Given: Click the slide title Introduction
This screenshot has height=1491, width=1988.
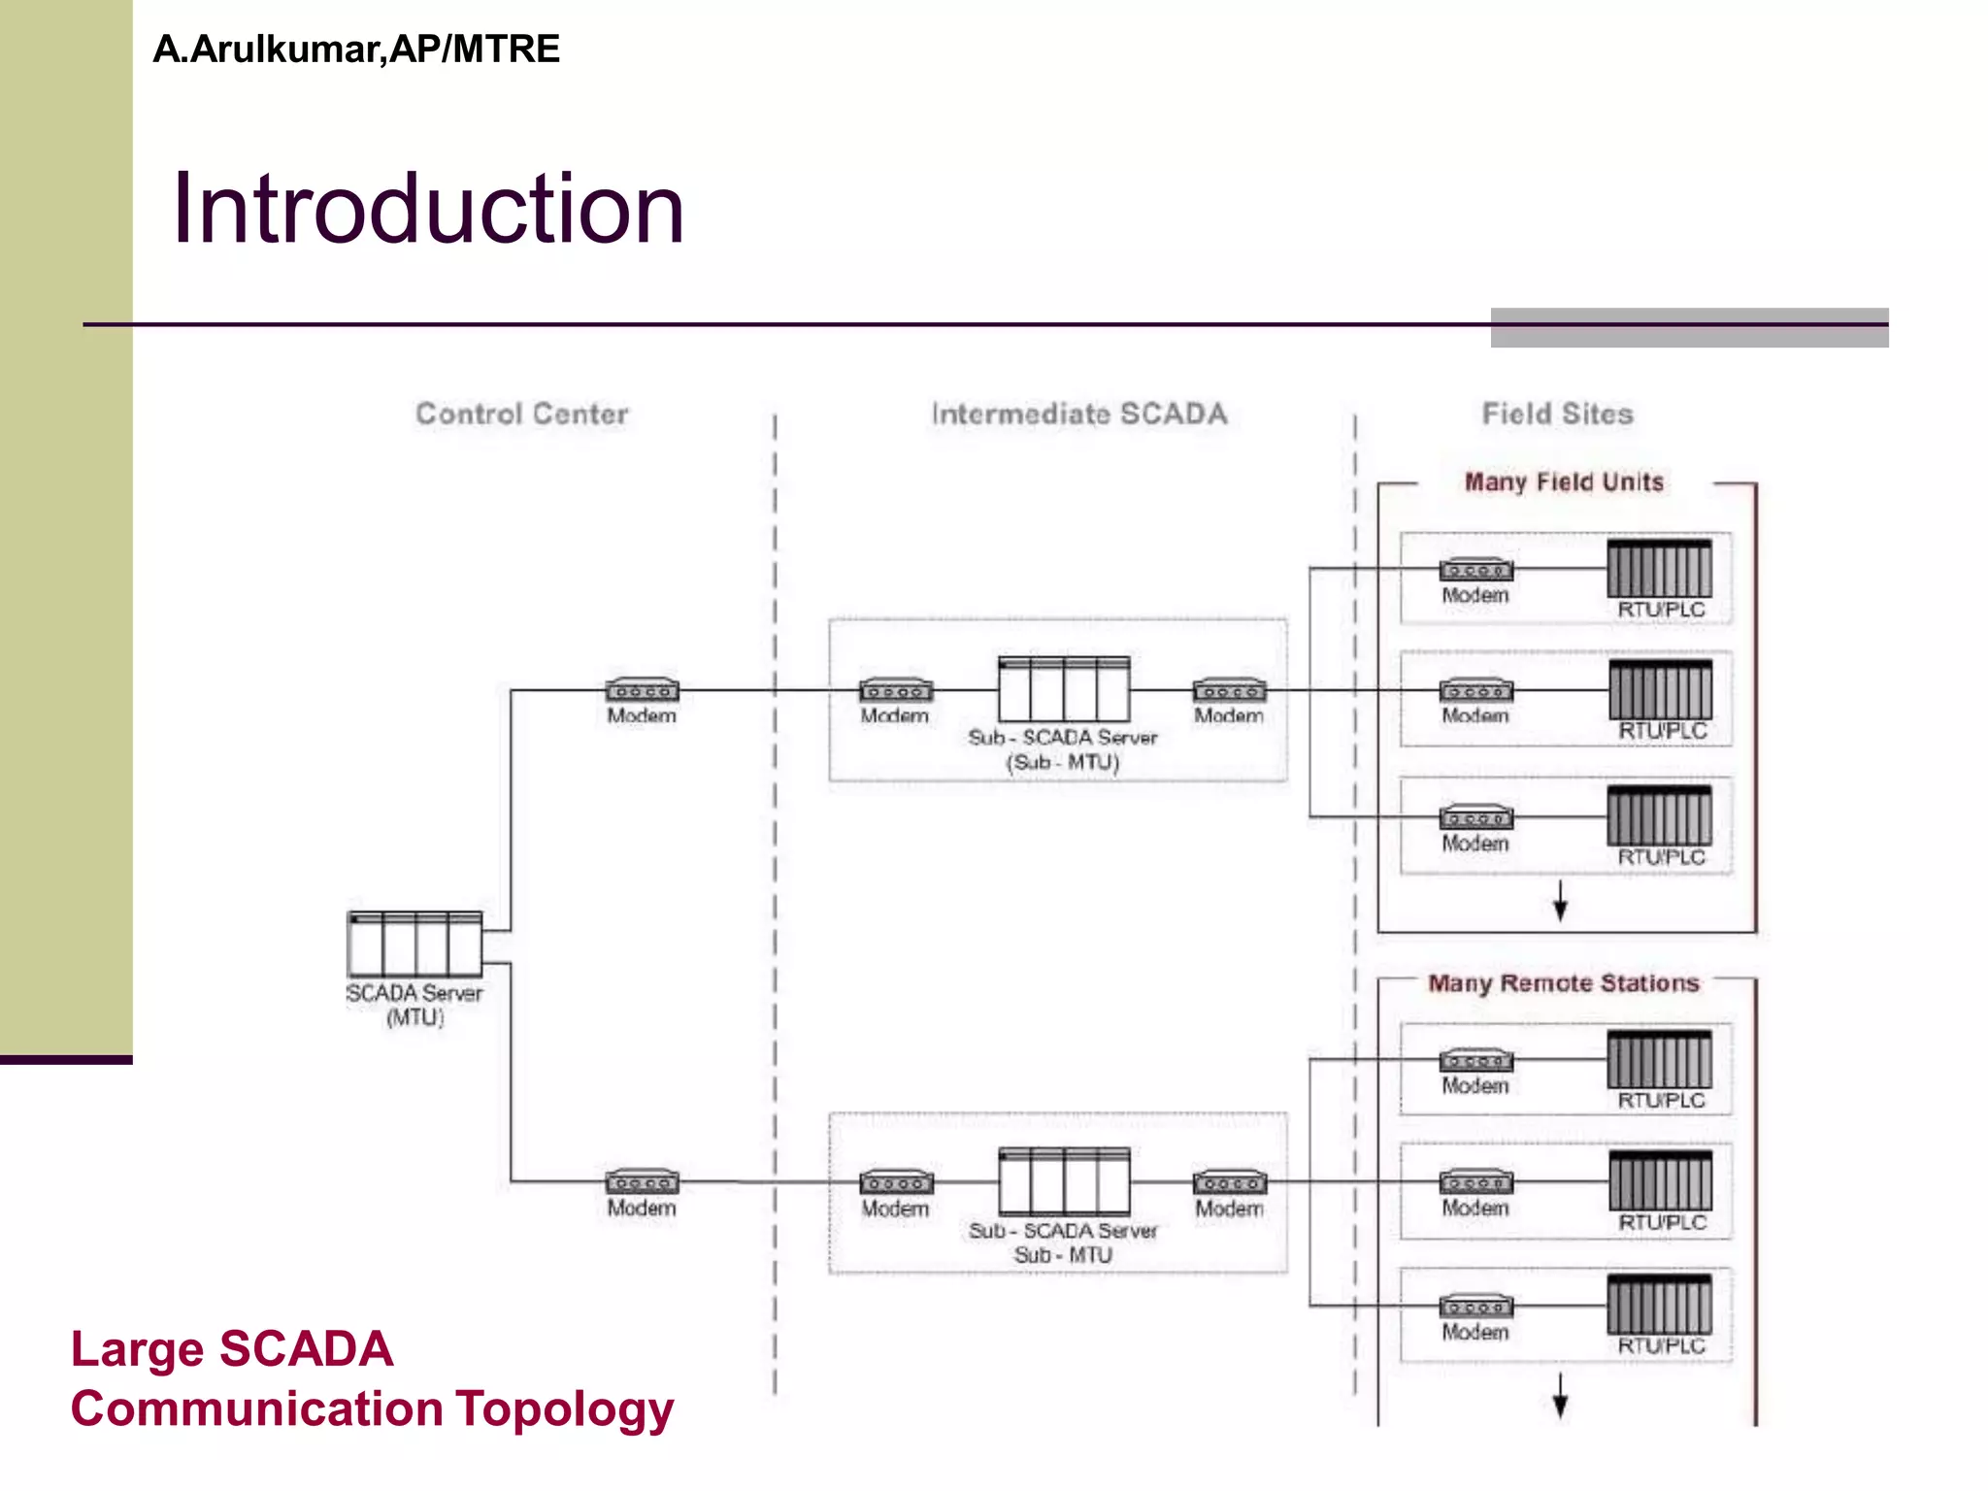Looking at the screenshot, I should [x=428, y=209].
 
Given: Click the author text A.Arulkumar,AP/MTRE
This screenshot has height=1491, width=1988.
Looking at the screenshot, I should [x=356, y=50].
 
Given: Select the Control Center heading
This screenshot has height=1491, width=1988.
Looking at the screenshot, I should [x=521, y=414].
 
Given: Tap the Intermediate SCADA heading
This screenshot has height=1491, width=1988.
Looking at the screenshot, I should [x=1078, y=414].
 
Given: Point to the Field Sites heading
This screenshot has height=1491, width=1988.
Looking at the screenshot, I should [x=1557, y=414].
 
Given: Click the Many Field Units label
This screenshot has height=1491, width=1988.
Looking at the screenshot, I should [x=1563, y=482].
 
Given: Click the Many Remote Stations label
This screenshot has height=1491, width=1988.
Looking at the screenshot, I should [x=1563, y=983].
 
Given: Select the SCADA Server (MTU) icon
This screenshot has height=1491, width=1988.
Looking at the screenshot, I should [x=414, y=944].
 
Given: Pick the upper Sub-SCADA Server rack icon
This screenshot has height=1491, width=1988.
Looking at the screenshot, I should [x=1064, y=689].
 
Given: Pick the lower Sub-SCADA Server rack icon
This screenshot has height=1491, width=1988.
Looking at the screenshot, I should [x=1064, y=1181].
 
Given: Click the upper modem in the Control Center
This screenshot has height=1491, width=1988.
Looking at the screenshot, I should [x=642, y=690].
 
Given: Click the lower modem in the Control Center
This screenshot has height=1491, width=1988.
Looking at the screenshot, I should [x=642, y=1182].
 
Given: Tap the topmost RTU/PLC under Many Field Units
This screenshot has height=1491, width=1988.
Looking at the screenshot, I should [x=1659, y=569].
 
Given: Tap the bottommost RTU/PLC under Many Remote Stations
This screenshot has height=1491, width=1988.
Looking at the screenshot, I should [x=1659, y=1305].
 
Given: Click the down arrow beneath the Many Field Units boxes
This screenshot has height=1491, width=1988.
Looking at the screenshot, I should [x=1560, y=902].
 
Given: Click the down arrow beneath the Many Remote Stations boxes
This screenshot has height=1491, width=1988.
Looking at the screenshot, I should [x=1560, y=1397].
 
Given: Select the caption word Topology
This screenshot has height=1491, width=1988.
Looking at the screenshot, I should [x=565, y=1410].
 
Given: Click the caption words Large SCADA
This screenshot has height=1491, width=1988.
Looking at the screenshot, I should [x=232, y=1349].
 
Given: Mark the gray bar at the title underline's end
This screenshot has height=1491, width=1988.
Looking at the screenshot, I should [x=1689, y=328].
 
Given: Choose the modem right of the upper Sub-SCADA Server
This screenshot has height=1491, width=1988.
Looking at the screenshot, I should [x=1229, y=690].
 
